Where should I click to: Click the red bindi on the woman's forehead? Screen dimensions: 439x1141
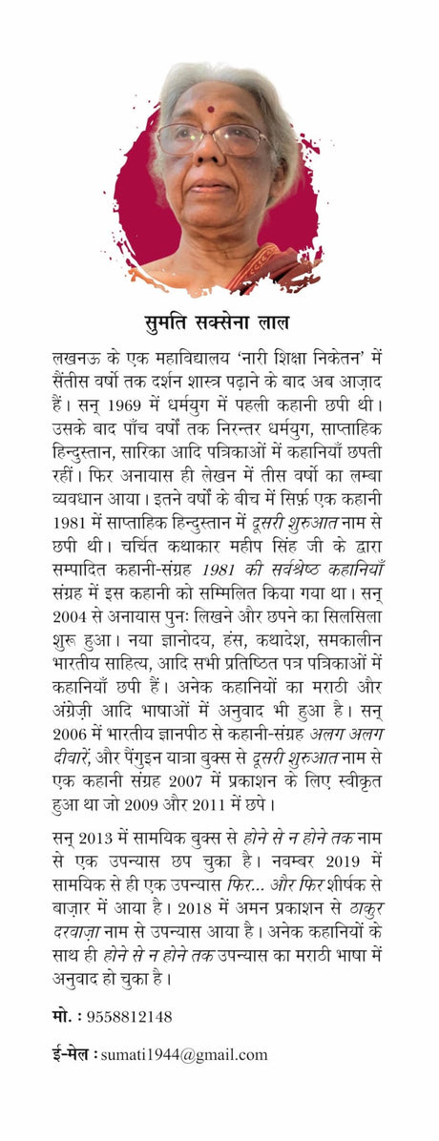211,109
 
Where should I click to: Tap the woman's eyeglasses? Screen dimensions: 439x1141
213,138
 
